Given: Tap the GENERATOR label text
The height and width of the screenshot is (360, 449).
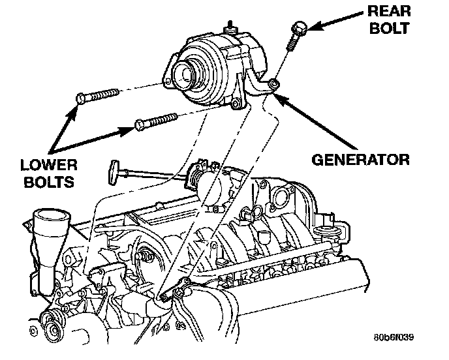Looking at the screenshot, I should pyautogui.click(x=360, y=159).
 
